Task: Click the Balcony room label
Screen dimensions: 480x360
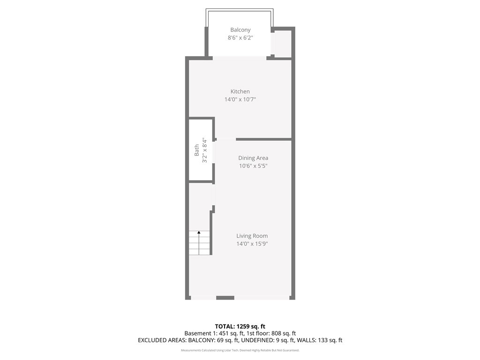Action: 240,30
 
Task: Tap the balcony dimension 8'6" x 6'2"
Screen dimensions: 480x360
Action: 240,37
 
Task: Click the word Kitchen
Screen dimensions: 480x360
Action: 240,91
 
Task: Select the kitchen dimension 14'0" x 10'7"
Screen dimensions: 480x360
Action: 240,99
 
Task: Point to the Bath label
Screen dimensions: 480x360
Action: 196,150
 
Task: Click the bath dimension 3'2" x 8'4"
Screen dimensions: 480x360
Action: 204,151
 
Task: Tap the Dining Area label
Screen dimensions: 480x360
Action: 253,158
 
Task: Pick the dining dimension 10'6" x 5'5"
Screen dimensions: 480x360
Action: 253,166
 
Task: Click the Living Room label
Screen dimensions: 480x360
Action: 252,236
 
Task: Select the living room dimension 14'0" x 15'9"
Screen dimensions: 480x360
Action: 252,244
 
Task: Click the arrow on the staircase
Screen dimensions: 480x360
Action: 199,243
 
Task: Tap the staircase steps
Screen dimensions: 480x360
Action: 199,243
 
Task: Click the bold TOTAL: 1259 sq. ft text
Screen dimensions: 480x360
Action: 240,326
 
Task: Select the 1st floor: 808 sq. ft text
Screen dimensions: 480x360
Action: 271,333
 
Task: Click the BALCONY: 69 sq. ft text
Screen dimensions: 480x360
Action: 213,340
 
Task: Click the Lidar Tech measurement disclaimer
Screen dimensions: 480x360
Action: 240,350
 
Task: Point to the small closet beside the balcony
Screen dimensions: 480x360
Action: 283,44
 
